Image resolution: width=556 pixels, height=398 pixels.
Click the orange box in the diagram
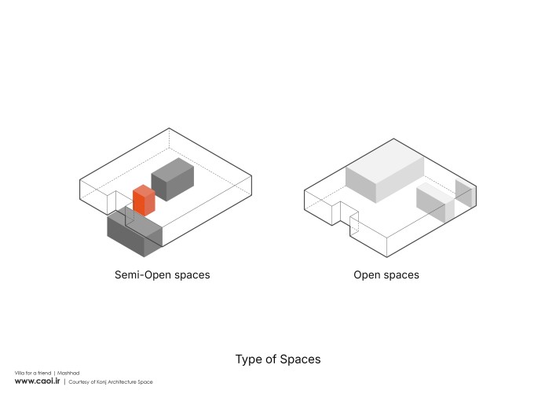tap(144, 201)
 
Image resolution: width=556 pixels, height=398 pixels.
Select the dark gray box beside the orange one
tap(173, 179)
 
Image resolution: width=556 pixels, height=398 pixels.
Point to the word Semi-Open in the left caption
tap(140, 275)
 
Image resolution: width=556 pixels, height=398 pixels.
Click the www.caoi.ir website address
tap(37, 381)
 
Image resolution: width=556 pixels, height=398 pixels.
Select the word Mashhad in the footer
tap(68, 373)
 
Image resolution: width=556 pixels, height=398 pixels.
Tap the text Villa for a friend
tap(33, 373)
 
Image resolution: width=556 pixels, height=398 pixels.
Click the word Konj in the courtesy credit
tap(102, 382)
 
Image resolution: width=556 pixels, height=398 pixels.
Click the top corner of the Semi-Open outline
tap(169, 128)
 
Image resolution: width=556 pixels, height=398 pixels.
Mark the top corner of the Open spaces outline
tap(393, 138)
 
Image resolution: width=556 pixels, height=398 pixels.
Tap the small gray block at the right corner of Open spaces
tap(465, 193)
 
